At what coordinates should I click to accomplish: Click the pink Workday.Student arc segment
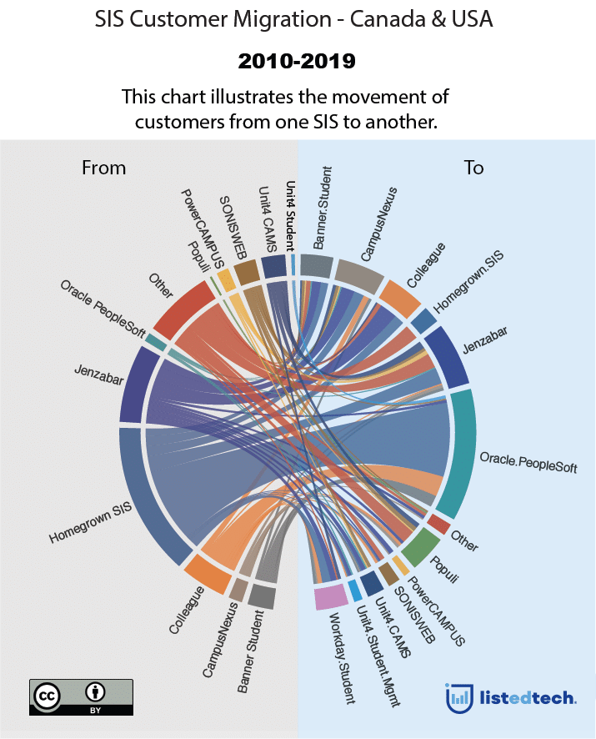pos(331,596)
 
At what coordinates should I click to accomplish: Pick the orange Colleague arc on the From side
pos(208,573)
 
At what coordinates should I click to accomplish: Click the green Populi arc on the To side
pos(418,546)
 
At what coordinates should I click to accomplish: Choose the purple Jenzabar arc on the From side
pos(138,385)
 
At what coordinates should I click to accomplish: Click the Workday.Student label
pos(341,658)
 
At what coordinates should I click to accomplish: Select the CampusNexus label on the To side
pos(378,224)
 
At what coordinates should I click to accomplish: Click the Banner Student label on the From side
pos(250,651)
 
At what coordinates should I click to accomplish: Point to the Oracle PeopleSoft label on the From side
pos(103,309)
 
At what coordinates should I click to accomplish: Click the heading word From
pos(103,168)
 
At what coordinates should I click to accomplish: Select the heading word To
pos(474,168)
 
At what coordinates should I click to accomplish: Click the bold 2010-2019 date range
pos(297,61)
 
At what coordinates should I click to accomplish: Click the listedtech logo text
pos(528,697)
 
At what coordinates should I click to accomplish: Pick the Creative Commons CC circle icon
pos(47,696)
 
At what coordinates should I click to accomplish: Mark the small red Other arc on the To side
pos(438,524)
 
